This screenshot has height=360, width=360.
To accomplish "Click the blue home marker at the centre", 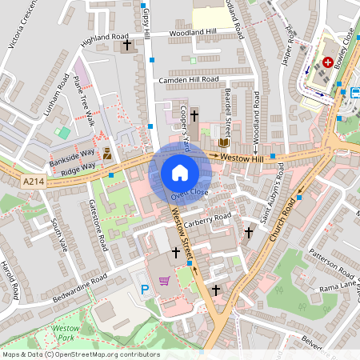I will pyautogui.click(x=180, y=173).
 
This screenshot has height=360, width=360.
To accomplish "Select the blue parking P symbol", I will pyautogui.click(x=145, y=289).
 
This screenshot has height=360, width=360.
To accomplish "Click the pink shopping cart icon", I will pyautogui.click(x=165, y=281).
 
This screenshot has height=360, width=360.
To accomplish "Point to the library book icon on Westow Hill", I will pyautogui.click(x=224, y=142).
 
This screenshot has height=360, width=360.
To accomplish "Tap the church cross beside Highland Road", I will pyautogui.click(x=127, y=46).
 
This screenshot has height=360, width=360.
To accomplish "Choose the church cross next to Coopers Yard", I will pyautogui.click(x=194, y=117).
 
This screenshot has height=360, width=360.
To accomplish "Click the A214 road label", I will pyautogui.click(x=33, y=182).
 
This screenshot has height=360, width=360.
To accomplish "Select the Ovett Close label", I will pyautogui.click(x=189, y=193).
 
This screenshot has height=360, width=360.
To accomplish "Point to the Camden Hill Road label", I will pyautogui.click(x=188, y=80).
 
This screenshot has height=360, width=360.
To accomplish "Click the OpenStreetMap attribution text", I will pyautogui.click(x=81, y=354).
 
